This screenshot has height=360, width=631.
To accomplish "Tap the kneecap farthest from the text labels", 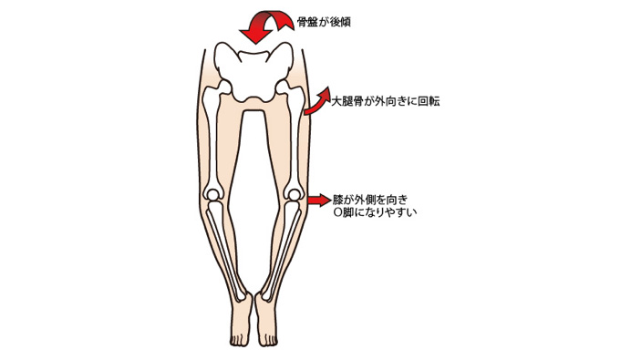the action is pyautogui.click(x=213, y=192).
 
